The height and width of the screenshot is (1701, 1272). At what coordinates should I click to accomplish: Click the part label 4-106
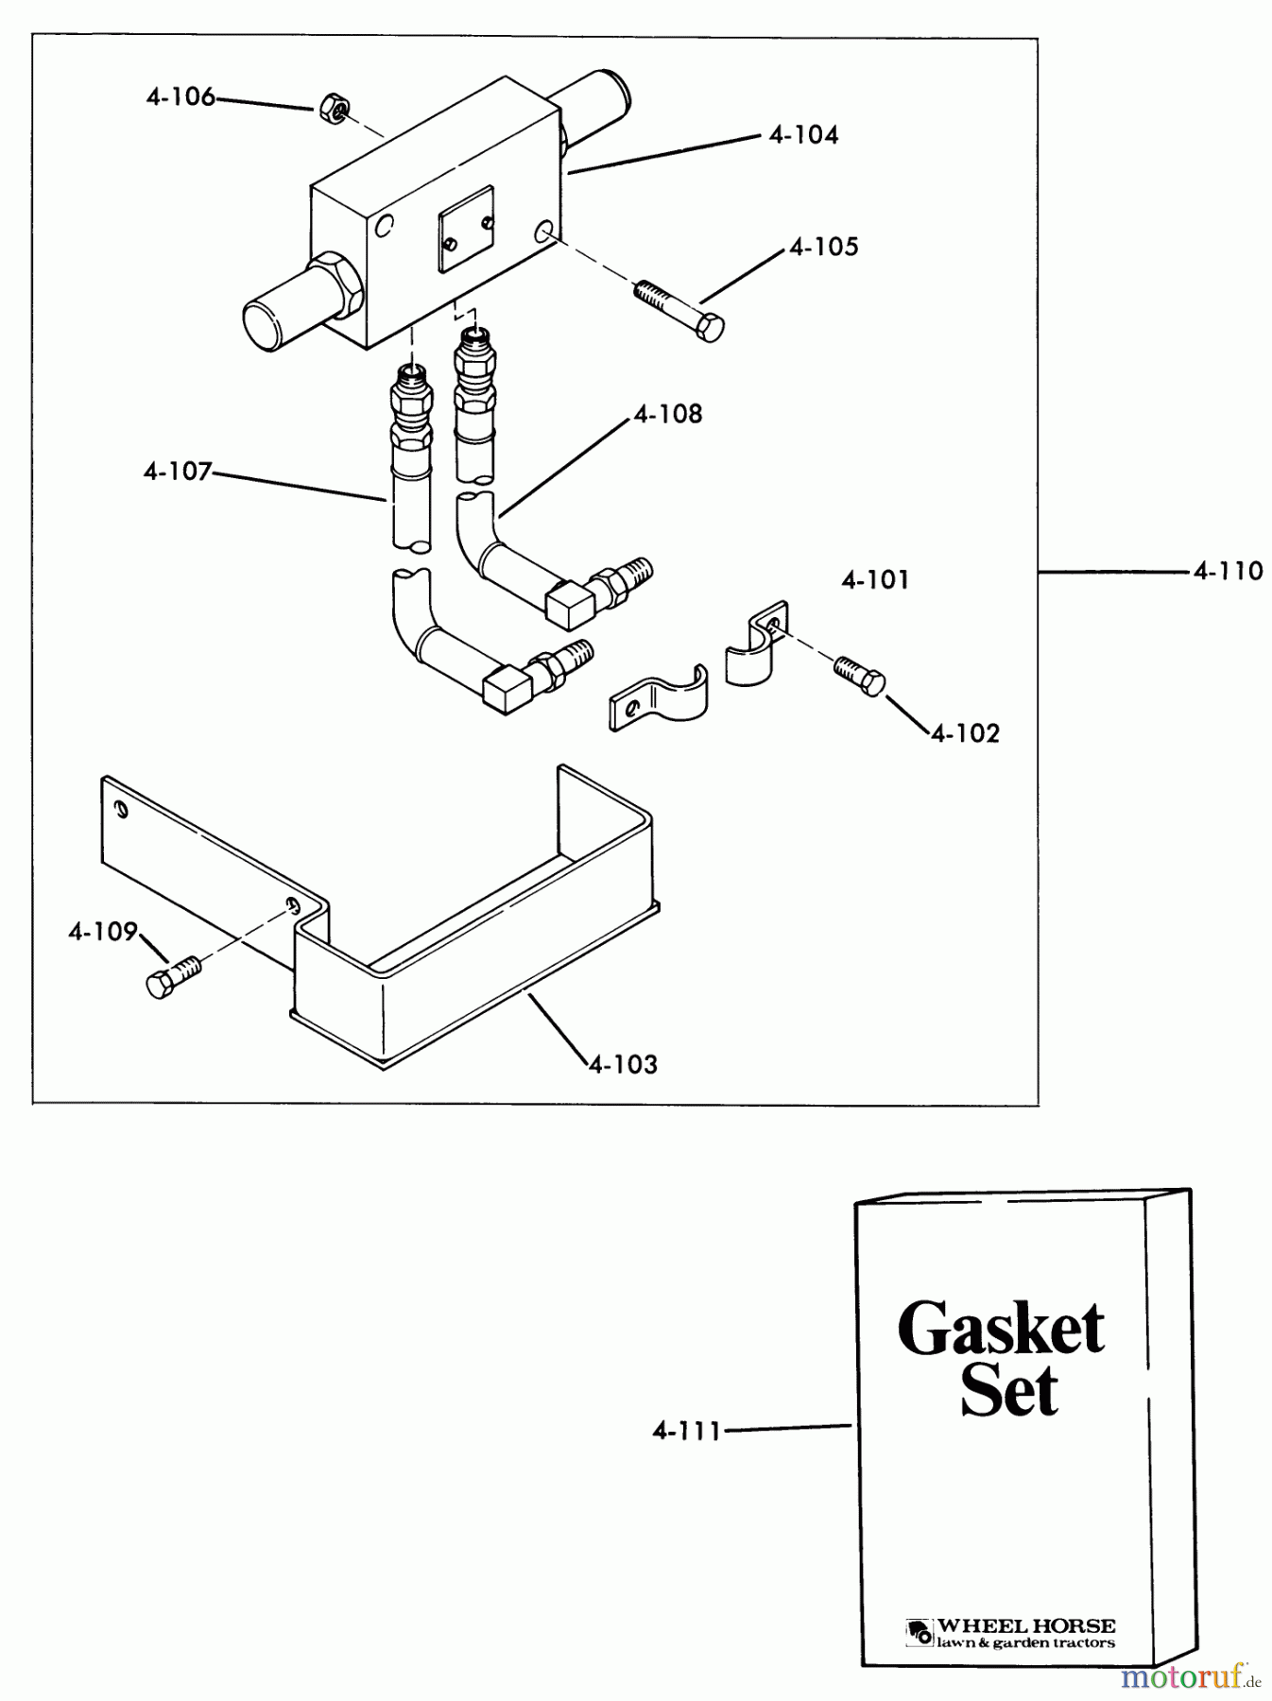(180, 96)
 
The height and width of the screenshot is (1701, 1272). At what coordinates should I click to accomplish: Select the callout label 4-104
(803, 135)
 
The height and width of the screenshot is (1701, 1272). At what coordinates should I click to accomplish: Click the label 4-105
(824, 248)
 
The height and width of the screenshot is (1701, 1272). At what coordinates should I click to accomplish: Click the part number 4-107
(178, 471)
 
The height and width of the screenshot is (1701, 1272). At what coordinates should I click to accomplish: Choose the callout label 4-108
(668, 414)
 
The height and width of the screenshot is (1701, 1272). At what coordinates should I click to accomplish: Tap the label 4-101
(875, 579)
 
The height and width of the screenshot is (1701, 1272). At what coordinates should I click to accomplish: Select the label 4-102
(965, 733)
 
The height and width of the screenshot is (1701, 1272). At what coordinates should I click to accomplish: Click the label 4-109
(102, 932)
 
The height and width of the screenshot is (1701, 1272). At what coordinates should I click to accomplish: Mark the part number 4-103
(623, 1064)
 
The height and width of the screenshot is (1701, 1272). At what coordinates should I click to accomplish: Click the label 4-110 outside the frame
(1228, 571)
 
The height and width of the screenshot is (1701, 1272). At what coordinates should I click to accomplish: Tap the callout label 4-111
(686, 1431)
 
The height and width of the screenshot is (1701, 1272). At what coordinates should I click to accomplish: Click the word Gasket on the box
(1001, 1329)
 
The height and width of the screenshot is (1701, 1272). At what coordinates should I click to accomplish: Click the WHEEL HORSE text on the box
(1025, 1626)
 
